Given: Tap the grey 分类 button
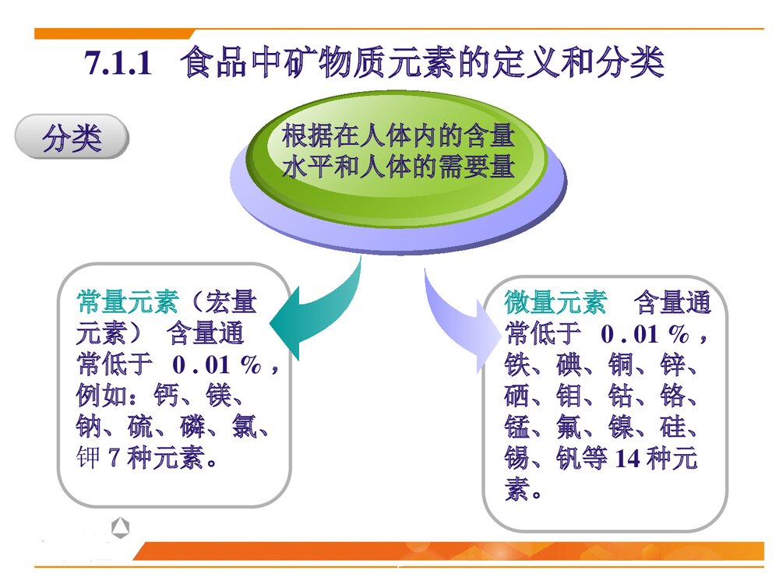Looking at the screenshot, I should pyautogui.click(x=72, y=139).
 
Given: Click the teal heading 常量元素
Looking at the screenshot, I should pyautogui.click(x=127, y=302).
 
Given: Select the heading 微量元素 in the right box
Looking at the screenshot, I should pyautogui.click(x=555, y=302).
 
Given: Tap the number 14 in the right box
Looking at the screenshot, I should pyautogui.click(x=627, y=459).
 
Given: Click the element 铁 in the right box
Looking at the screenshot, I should pyautogui.click(x=517, y=365).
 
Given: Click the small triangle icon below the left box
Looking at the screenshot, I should pyautogui.click(x=120, y=528).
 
